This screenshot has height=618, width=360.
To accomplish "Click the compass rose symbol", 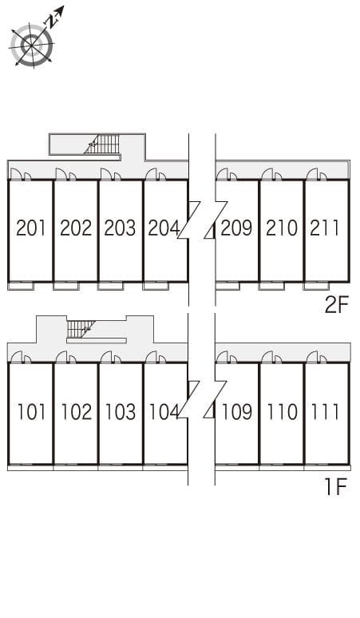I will click(x=33, y=44).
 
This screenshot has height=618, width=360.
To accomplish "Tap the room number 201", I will click(x=31, y=228).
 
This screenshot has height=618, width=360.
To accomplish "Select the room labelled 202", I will click(x=76, y=228).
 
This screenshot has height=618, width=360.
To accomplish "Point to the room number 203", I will click(x=120, y=228).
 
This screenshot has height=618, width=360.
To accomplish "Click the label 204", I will click(x=164, y=228).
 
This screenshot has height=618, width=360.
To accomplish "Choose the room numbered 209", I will click(x=236, y=228).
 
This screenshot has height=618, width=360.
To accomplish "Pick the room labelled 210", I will click(x=282, y=228).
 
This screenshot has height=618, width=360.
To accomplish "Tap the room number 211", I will click(x=325, y=228).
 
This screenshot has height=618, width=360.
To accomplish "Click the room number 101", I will click(x=31, y=412).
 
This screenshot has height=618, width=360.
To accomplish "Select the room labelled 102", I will click(x=76, y=412).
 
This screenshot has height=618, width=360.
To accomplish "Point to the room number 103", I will click(x=120, y=412).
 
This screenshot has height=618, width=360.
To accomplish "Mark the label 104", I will click(x=164, y=412).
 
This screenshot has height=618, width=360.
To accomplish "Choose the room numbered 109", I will click(x=236, y=412).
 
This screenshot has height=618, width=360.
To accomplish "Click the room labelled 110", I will click(x=282, y=412).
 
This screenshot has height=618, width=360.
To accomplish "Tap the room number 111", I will click(x=325, y=412).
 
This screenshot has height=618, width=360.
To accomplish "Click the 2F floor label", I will click(x=336, y=304).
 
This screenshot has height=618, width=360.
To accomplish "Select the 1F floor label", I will click(x=336, y=487).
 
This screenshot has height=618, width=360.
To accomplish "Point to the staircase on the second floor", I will click(x=104, y=145).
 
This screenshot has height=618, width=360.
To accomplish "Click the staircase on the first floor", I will click(x=81, y=328).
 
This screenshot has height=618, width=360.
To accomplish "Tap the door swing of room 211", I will click(x=312, y=174).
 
